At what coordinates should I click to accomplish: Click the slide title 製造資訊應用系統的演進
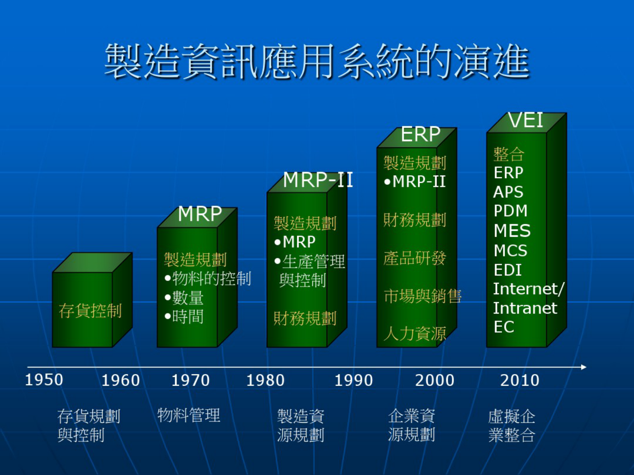(x=317, y=61)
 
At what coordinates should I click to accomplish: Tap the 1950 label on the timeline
(x=44, y=380)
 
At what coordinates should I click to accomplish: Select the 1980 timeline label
(x=265, y=380)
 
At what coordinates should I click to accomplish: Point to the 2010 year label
(x=520, y=380)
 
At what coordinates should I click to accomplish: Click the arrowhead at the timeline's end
(x=584, y=367)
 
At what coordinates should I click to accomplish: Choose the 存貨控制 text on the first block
(x=90, y=311)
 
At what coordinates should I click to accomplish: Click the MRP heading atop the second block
(x=200, y=214)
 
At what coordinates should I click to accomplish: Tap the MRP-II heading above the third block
(x=318, y=180)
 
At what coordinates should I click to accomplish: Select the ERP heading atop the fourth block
(x=421, y=134)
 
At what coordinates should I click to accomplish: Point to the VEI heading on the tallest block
(x=526, y=120)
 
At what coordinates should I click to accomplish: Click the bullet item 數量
(x=184, y=298)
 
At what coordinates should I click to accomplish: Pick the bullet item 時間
(x=184, y=317)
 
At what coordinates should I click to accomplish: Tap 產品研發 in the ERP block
(x=415, y=258)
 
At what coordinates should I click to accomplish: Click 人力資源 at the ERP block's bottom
(x=415, y=334)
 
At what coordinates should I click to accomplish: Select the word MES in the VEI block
(x=512, y=231)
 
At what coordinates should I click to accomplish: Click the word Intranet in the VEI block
(x=525, y=308)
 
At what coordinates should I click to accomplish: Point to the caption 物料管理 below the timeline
(x=189, y=415)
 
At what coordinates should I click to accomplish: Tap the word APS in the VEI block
(x=508, y=192)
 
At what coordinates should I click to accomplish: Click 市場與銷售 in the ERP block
(x=423, y=296)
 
